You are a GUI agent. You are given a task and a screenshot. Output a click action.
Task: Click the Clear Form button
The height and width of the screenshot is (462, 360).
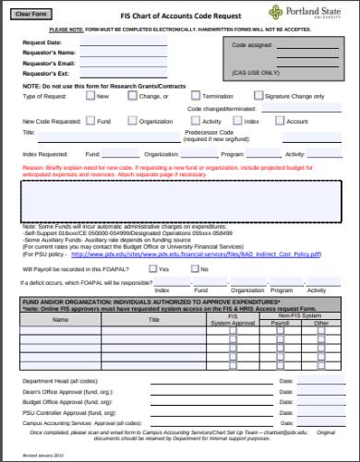point(39,13)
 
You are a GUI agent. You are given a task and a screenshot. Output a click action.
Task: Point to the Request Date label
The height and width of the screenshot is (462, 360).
point(42,42)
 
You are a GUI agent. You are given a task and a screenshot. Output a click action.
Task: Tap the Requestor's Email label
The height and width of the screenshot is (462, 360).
point(48,62)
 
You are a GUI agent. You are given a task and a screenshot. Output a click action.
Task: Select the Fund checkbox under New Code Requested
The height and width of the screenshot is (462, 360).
point(90,120)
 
